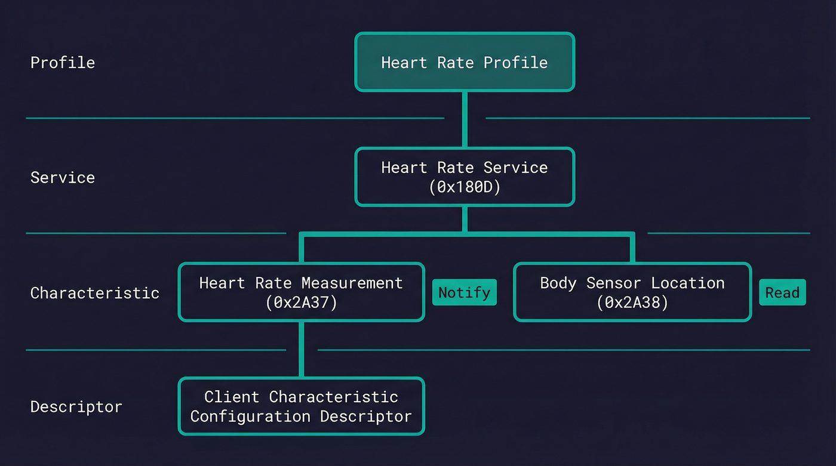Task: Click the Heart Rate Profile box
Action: click(x=465, y=62)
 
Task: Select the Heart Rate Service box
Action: click(x=465, y=177)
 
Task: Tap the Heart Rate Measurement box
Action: click(x=301, y=292)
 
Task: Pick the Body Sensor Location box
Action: click(x=632, y=292)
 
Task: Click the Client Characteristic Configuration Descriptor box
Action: click(x=301, y=406)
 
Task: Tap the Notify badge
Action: click(x=464, y=292)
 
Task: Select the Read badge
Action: click(x=782, y=292)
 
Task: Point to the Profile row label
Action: click(x=63, y=63)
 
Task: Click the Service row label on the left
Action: click(x=63, y=177)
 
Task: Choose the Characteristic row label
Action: click(x=94, y=293)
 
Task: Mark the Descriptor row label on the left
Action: click(x=76, y=407)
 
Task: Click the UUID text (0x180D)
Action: click(x=465, y=187)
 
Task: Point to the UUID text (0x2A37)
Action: click(x=301, y=303)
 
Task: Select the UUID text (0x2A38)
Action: click(x=632, y=303)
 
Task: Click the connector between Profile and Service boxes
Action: click(x=465, y=119)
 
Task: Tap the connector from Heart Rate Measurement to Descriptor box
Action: click(x=301, y=350)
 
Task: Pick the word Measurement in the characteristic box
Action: click(x=352, y=283)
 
